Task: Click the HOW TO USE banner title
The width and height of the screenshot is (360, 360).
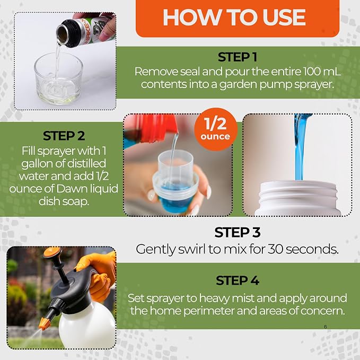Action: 234,17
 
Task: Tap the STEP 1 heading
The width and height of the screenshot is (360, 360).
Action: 238,57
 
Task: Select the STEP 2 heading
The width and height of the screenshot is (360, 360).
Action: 64,136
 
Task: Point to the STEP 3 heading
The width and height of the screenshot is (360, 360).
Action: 238,232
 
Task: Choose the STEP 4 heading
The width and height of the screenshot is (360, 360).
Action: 238,280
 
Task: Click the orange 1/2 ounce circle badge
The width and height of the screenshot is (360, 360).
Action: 216,129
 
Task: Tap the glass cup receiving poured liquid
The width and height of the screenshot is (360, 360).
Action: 58,78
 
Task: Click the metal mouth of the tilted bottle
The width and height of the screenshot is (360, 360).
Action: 63,33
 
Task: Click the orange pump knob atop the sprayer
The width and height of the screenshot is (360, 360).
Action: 52,252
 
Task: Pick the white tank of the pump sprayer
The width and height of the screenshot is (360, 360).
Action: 87,326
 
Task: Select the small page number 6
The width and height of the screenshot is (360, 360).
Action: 326,327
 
